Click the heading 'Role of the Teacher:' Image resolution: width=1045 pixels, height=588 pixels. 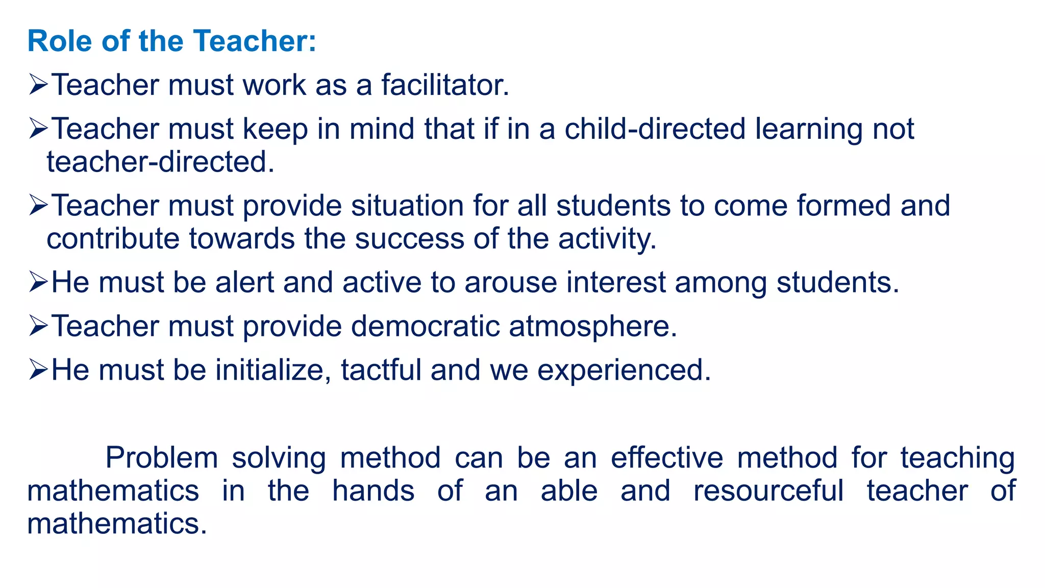pyautogui.click(x=171, y=41)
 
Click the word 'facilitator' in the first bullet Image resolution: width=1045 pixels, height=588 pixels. pyautogui.click(x=445, y=85)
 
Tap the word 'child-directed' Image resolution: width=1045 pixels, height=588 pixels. pyautogui.click(x=655, y=129)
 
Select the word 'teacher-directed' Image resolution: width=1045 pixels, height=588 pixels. pyautogui.click(x=160, y=162)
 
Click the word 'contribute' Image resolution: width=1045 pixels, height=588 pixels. pyautogui.click(x=113, y=239)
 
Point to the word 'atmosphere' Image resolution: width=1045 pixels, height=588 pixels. pyautogui.click(x=592, y=326)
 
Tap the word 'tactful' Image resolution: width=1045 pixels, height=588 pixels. pyautogui.click(x=381, y=370)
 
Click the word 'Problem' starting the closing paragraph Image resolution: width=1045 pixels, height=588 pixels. pyautogui.click(x=162, y=458)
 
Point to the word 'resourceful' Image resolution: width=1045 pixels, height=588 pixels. pyautogui.click(x=768, y=491)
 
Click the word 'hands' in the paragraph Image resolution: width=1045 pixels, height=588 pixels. pyautogui.click(x=373, y=491)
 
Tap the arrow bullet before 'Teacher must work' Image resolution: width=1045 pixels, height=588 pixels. pyautogui.click(x=38, y=85)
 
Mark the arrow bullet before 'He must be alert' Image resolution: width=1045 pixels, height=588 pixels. pyautogui.click(x=38, y=282)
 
